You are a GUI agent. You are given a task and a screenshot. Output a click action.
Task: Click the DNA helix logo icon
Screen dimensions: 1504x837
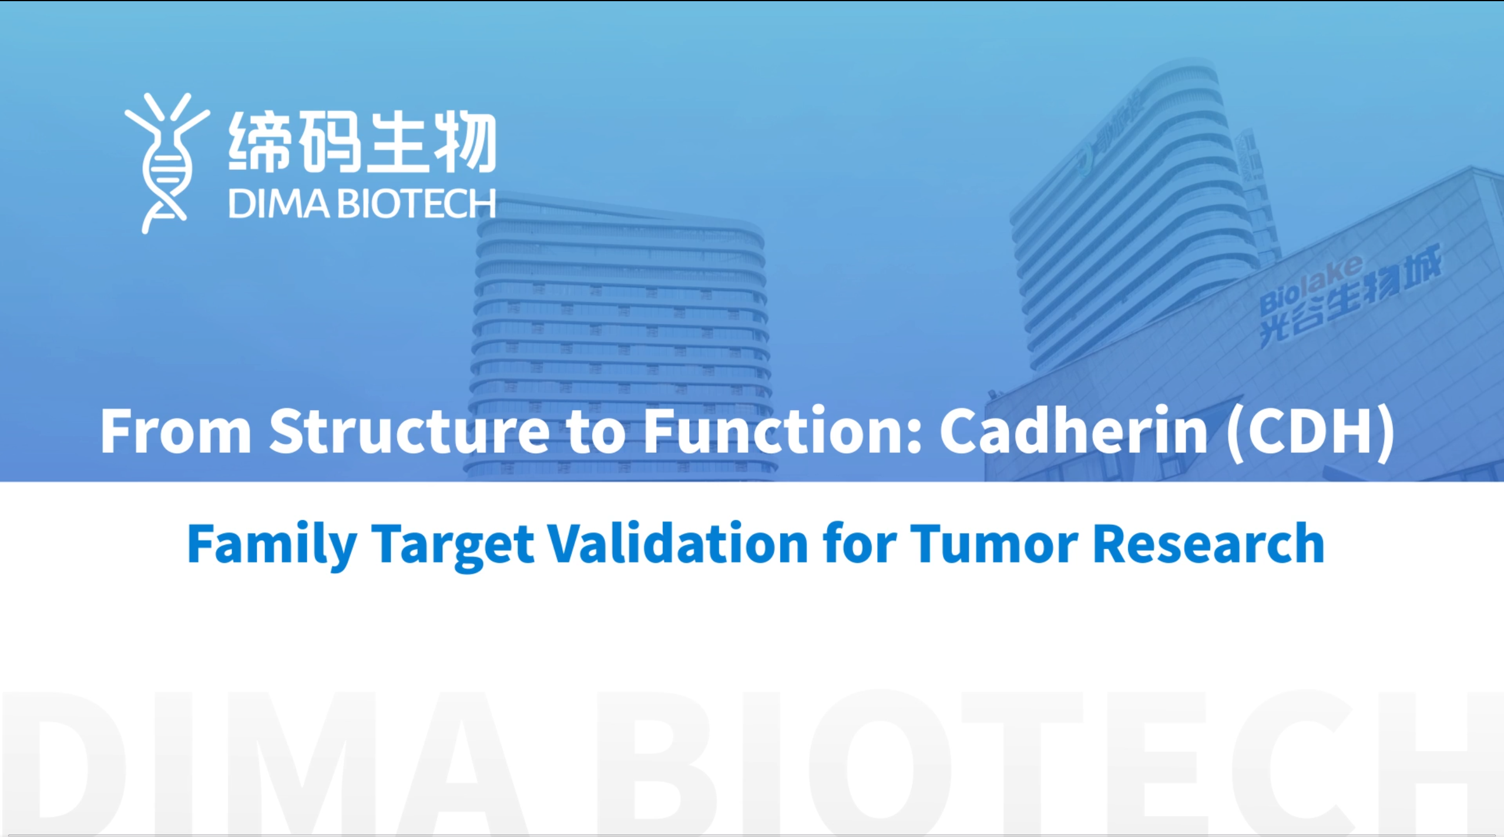(166, 163)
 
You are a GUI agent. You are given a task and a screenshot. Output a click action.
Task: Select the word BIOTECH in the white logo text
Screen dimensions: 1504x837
(418, 204)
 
